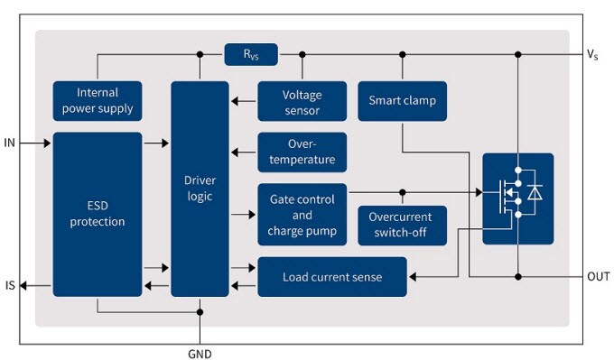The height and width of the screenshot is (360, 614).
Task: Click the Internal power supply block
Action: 98,100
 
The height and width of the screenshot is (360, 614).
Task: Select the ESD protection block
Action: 98,213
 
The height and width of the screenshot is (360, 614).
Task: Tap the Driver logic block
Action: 200,189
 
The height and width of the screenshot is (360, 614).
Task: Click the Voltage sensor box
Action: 302,101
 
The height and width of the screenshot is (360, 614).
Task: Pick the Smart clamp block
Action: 402,100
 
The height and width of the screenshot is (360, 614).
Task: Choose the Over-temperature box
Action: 302,152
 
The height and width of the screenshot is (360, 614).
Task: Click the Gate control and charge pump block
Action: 302,215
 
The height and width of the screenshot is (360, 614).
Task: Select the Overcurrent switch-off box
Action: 402,225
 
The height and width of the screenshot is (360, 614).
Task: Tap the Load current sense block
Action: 332,277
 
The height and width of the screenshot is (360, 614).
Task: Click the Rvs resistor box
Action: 251,54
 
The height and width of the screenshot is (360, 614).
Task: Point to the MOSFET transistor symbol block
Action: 517,198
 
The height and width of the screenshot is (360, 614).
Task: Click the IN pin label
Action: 10,143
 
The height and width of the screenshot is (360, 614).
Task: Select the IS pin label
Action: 10,286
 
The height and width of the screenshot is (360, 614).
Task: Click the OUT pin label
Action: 596,276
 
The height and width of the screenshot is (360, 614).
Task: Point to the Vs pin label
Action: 592,55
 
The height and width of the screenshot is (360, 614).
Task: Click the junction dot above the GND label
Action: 200,312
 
